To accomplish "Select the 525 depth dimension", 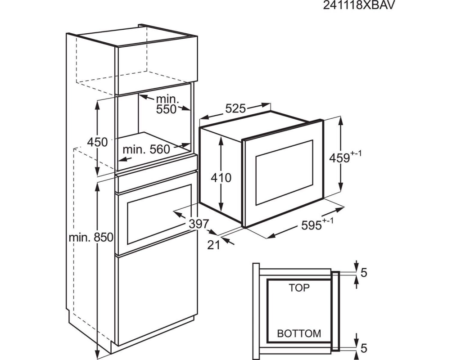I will click(x=235, y=108).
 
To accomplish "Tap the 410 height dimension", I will click(x=221, y=178).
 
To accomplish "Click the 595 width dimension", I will click(x=312, y=225).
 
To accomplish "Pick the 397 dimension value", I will click(x=199, y=224).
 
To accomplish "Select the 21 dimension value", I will click(x=214, y=244).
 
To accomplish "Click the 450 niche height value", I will click(x=97, y=142).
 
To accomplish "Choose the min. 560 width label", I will click(x=146, y=149).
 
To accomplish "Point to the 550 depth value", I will click(x=167, y=109).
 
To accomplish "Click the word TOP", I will click(x=299, y=288).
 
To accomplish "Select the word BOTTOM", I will click(x=299, y=333).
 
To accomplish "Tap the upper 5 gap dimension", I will click(x=364, y=272).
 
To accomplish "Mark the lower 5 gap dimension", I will click(x=364, y=348).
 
